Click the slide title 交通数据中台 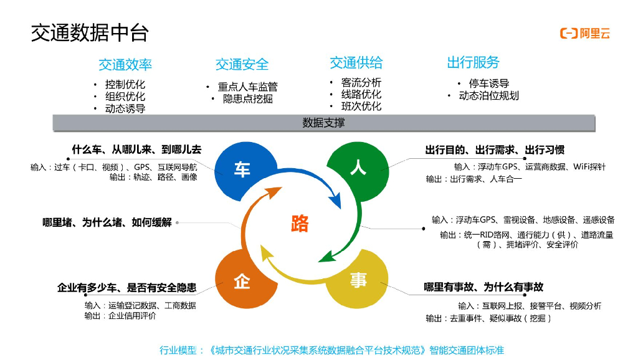90,32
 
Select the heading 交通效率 125,65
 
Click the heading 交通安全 242,64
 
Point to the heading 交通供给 356,62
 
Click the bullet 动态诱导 125,108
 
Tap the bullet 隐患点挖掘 247,98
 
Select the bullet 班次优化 361,106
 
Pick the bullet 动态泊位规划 488,95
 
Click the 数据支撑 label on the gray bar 323,123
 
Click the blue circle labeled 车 242,169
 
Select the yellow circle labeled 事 358,281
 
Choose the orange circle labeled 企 242,282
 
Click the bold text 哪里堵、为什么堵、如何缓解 107,222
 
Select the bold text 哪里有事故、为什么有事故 483,287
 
